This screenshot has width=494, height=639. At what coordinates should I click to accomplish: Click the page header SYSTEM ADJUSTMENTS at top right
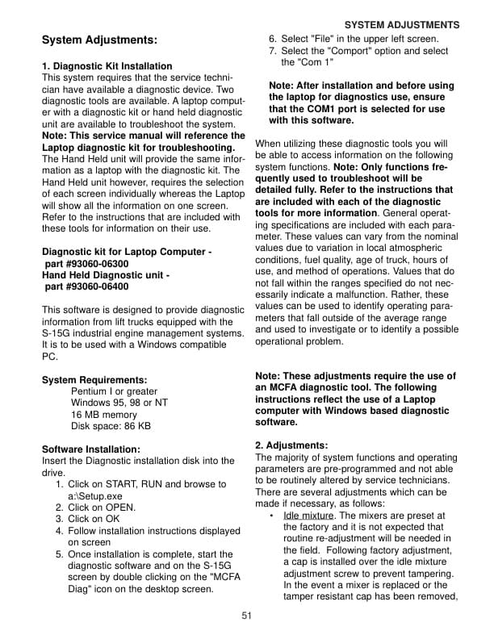pos(401,25)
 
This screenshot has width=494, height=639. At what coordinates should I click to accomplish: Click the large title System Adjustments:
pos(99,40)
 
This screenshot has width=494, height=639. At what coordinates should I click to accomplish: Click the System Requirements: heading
pos(94,380)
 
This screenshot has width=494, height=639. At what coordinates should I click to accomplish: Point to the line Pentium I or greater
pos(114,391)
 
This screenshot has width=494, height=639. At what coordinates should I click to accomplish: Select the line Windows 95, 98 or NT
pos(119,403)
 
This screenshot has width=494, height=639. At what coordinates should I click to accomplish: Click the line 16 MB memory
pos(104,415)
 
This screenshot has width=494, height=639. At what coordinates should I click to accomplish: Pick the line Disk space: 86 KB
pos(111,426)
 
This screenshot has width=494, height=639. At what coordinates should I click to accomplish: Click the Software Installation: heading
pos(90,449)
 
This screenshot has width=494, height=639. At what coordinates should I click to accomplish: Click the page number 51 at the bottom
pos(247,616)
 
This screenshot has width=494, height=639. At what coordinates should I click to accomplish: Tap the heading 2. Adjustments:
pos(291,445)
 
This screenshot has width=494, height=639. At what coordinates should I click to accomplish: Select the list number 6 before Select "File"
pos(273,39)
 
